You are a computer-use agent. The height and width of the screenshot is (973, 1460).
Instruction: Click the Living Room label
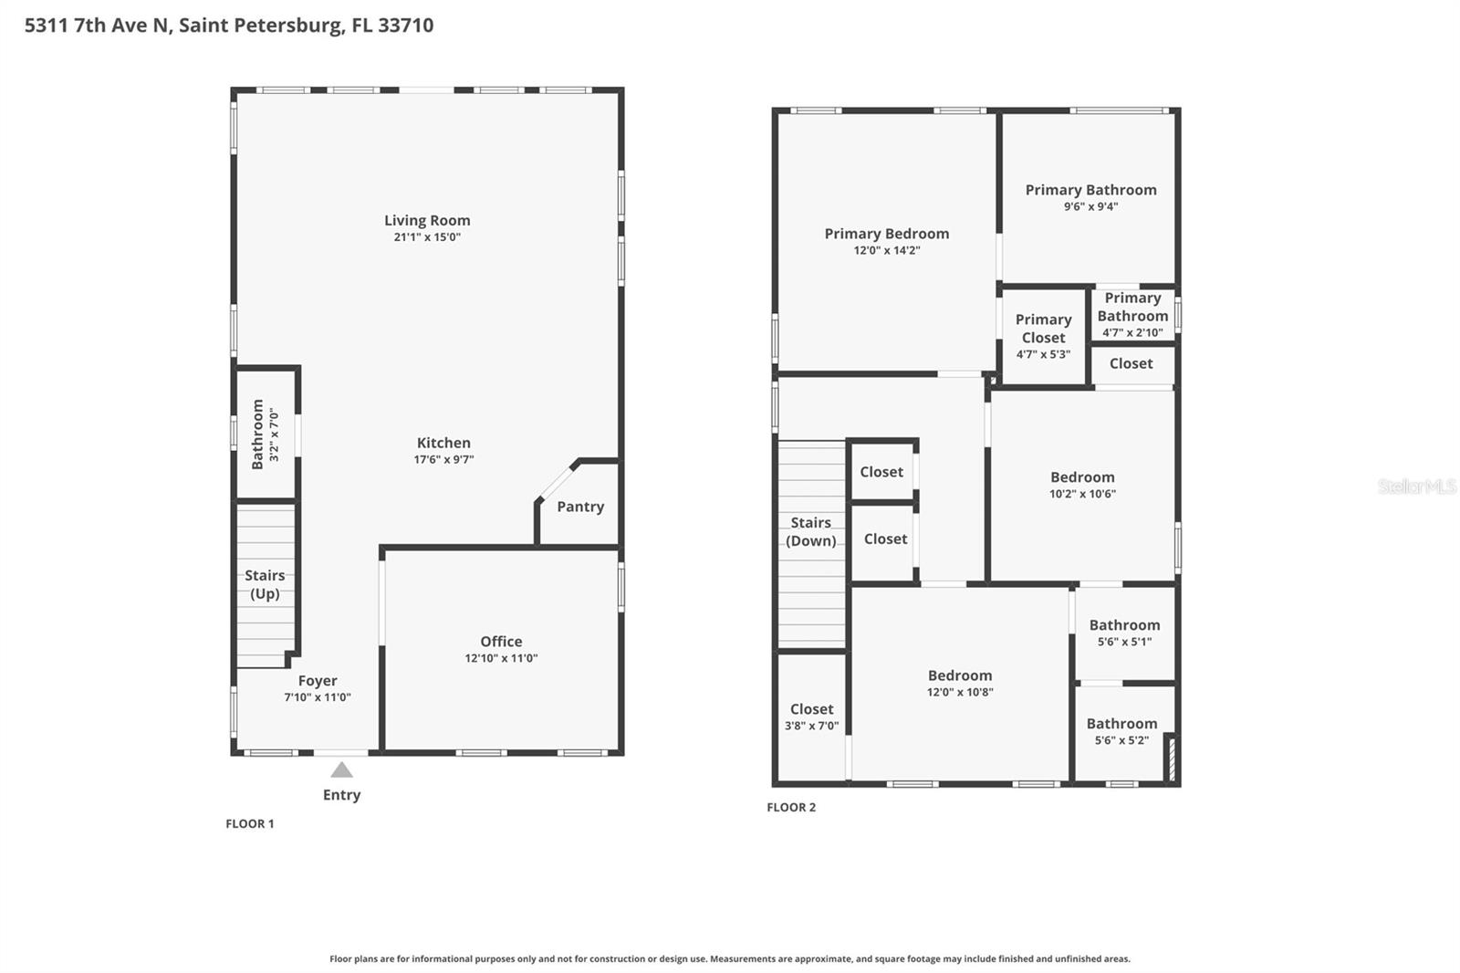(x=427, y=220)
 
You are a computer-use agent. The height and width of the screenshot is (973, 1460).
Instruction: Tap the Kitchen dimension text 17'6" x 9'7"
(x=443, y=460)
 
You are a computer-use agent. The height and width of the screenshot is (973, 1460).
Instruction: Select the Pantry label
(x=580, y=507)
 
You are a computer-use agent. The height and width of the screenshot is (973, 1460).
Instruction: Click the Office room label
(x=501, y=642)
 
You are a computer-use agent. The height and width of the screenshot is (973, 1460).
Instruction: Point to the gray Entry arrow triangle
(x=341, y=769)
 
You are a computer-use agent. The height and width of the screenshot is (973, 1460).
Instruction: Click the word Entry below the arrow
(x=341, y=795)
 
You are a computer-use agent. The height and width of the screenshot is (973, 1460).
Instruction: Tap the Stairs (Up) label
(x=265, y=584)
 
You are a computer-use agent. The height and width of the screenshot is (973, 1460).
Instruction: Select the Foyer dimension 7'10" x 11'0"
(x=317, y=697)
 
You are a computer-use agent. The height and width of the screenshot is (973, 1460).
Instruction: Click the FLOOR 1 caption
(x=250, y=823)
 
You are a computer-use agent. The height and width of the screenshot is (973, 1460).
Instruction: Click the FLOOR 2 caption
(x=791, y=807)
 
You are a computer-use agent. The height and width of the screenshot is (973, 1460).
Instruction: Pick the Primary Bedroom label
(x=886, y=234)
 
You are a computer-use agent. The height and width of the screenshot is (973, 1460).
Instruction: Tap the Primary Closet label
(x=1043, y=329)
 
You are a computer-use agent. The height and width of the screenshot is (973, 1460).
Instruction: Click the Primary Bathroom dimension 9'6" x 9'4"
(x=1090, y=206)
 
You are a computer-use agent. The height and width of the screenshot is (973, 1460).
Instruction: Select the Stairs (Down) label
(x=810, y=531)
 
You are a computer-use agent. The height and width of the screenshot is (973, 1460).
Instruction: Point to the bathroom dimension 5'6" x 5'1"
(x=1124, y=642)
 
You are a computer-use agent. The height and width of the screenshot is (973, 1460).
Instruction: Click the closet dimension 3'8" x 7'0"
(x=811, y=727)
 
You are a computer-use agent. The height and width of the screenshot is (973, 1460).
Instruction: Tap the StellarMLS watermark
(x=1416, y=486)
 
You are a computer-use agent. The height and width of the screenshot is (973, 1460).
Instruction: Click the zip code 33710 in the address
(x=405, y=25)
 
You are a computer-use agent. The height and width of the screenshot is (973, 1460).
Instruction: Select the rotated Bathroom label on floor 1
(x=257, y=434)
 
